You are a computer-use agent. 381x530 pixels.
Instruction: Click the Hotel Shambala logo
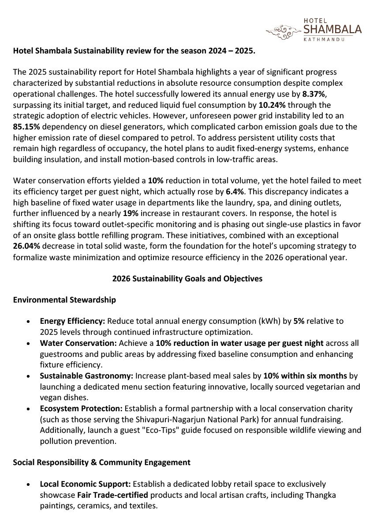314,30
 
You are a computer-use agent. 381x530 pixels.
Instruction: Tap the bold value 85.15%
26,126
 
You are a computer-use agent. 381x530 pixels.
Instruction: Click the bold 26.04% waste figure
27,246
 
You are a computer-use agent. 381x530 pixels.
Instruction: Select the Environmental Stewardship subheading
64,300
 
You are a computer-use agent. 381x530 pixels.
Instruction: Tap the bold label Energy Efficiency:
72,321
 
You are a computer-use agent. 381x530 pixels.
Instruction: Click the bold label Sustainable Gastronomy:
86,376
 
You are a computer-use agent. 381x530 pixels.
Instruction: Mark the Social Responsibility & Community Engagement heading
101,462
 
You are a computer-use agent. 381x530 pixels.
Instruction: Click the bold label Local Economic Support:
85,484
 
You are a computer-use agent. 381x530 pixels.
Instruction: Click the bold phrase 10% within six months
305,376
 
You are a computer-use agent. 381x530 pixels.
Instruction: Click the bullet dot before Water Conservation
29,343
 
